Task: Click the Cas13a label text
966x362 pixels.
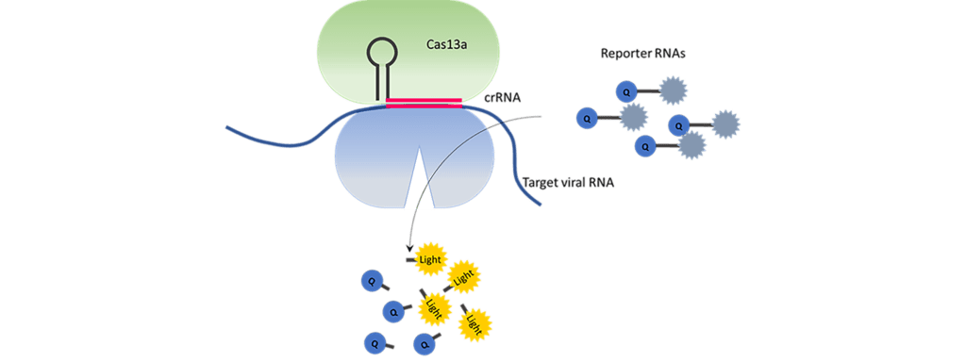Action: tap(446, 44)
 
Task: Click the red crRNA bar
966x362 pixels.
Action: tap(424, 103)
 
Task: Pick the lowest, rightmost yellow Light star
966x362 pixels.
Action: tap(474, 322)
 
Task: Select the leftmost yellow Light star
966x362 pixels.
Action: tap(432, 305)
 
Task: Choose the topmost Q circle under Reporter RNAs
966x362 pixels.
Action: tap(626, 91)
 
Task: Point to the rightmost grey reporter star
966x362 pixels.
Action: tap(724, 124)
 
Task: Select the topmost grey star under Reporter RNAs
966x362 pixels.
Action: tap(672, 91)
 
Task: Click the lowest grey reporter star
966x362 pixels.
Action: tap(691, 145)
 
